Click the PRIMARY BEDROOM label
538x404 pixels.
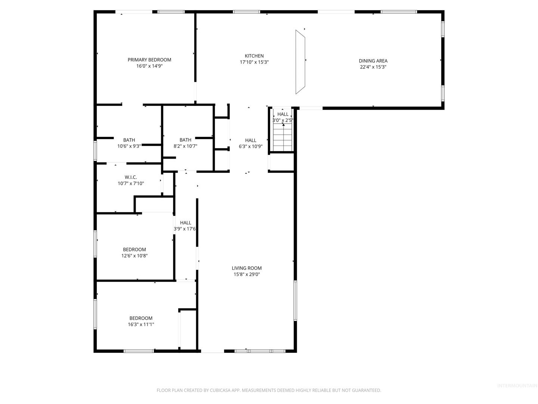point(149,60)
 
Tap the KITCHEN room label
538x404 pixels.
point(254,56)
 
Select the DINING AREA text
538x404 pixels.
point(373,61)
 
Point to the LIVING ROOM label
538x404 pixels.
point(247,268)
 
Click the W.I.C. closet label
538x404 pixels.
point(131,177)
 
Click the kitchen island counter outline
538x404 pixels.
point(300,62)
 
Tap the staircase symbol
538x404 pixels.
point(284,137)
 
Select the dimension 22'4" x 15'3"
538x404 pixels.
point(373,67)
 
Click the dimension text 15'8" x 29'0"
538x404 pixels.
point(247,274)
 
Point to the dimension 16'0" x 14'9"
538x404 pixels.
point(149,66)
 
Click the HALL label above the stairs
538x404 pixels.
point(283,114)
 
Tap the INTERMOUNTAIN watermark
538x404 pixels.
point(517,386)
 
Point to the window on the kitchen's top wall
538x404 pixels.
point(246,12)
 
